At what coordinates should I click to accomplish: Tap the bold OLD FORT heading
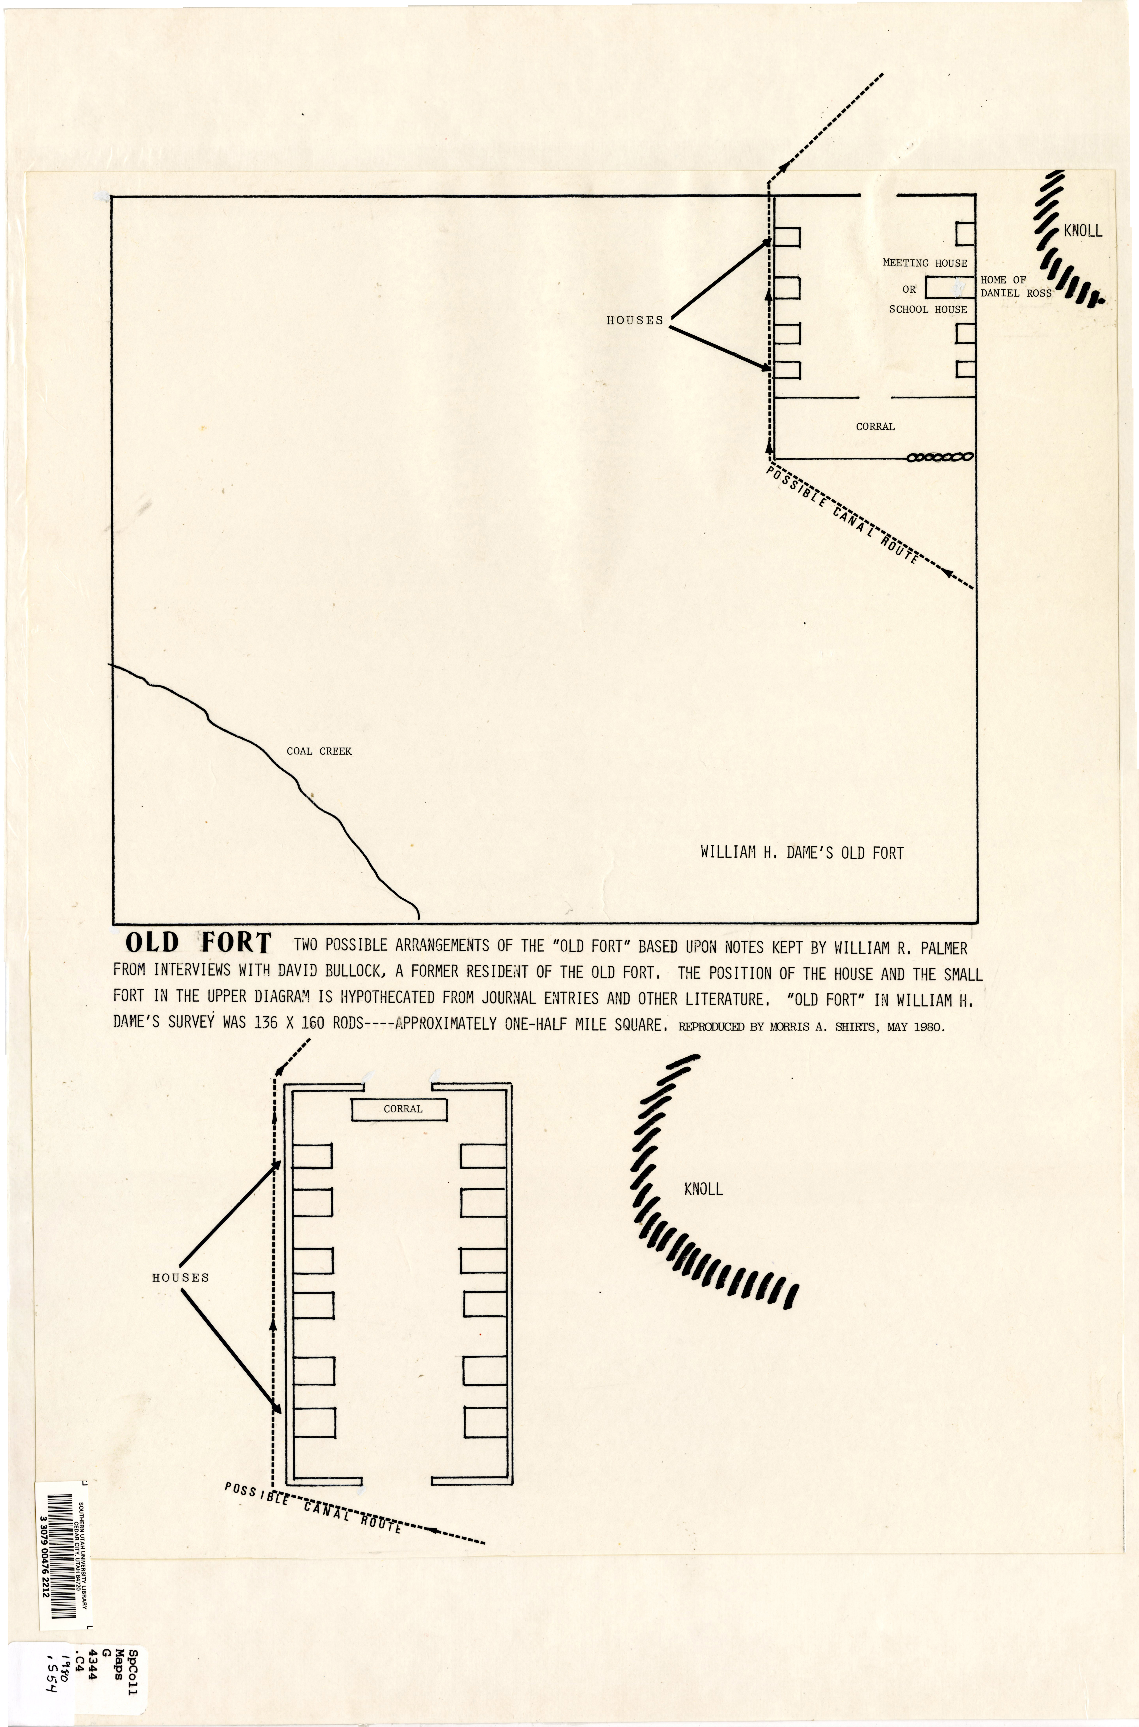click(x=198, y=943)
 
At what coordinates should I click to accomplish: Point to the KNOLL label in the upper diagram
click(x=1082, y=231)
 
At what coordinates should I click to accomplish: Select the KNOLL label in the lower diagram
click(x=703, y=1189)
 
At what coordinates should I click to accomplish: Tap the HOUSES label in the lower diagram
click(x=180, y=1277)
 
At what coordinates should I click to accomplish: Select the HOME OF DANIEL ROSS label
click(x=1015, y=286)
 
